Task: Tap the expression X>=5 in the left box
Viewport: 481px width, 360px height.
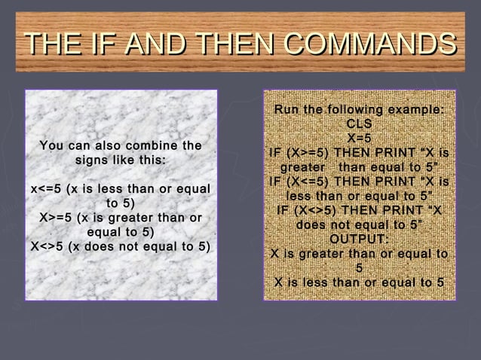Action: tap(57, 218)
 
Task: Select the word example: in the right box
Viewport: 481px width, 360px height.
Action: tap(414, 111)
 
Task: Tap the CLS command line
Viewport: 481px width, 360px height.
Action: tap(360, 124)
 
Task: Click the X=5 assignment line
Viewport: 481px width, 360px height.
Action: tap(360, 138)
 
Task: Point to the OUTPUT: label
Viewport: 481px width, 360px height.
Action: tap(360, 239)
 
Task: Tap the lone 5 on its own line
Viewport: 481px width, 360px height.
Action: tap(360, 268)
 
